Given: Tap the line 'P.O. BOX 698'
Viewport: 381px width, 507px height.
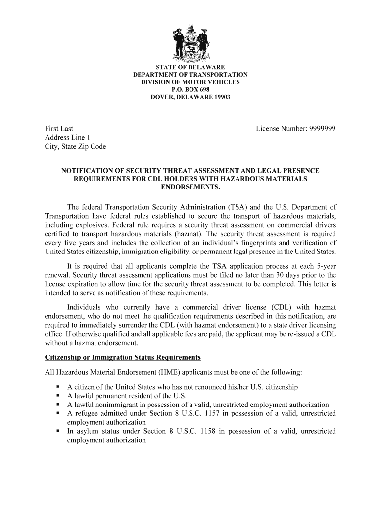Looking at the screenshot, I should point(190,89).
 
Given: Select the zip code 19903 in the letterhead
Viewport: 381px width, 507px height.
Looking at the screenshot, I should point(221,97).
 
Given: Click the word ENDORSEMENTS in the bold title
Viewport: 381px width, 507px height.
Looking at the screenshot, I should point(190,187).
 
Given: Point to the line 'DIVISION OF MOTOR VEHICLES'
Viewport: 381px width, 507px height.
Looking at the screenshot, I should point(190,82).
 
